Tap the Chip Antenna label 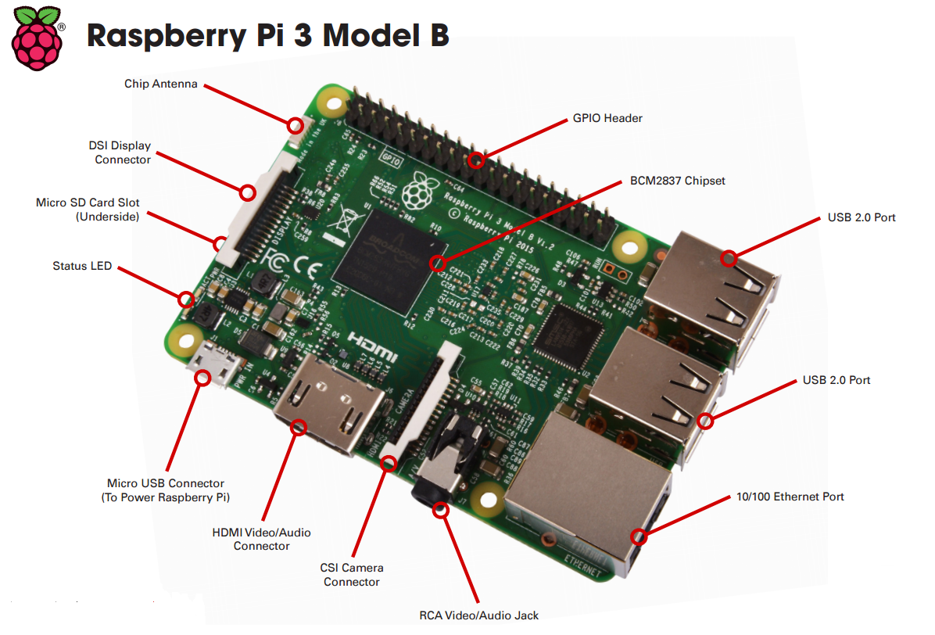(160, 84)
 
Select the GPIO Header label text (607, 118)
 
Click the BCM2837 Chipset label (677, 181)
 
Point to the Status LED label (82, 266)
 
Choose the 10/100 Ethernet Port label (790, 497)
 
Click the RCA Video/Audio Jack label (478, 615)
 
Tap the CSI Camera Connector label (352, 575)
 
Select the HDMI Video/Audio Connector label (261, 539)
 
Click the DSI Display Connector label (122, 152)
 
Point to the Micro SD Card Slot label (88, 210)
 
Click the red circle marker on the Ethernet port (639, 536)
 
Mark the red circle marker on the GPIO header (476, 161)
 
